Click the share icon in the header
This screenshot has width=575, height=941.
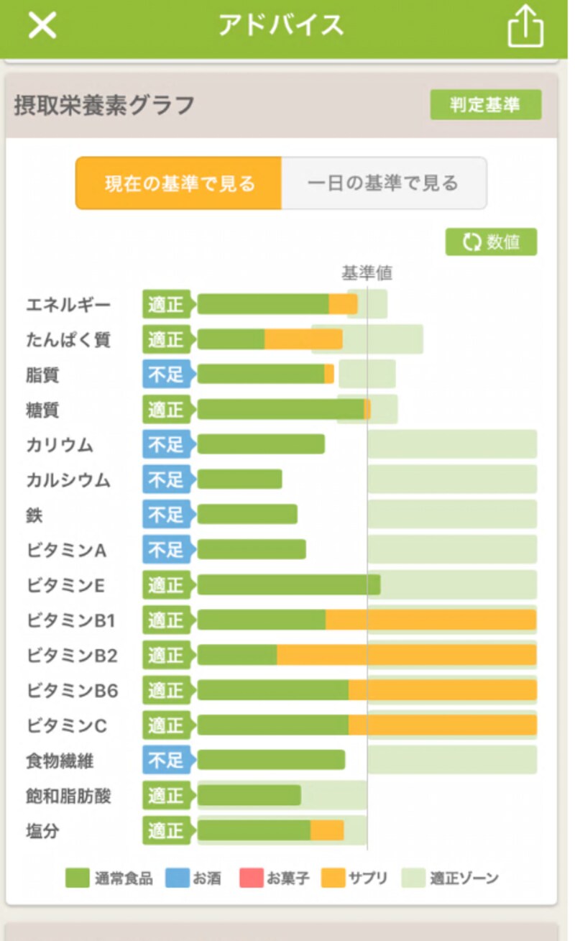pos(525,27)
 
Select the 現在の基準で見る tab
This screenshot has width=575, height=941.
pos(179,183)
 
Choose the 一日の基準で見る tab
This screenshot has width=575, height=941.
pos(383,183)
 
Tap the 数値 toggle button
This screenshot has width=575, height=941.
pos(491,242)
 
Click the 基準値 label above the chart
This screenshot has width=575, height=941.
pos(367,273)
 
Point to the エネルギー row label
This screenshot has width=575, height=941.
pos(68,305)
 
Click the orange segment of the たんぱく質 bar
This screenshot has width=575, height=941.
pos(303,339)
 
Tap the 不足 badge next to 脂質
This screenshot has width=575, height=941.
pos(166,375)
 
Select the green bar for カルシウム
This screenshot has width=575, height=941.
pos(239,479)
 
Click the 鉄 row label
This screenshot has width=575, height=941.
pos(34,515)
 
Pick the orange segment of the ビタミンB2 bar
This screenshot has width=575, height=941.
pos(406,655)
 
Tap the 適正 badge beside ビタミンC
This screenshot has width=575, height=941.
pos(166,725)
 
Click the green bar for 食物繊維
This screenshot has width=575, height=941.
pos(271,760)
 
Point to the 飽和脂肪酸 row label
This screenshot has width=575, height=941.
pos(68,796)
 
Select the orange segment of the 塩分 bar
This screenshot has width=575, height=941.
pos(327,830)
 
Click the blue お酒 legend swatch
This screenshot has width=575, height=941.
pos(177,878)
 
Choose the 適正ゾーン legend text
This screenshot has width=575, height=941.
pos(464,878)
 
